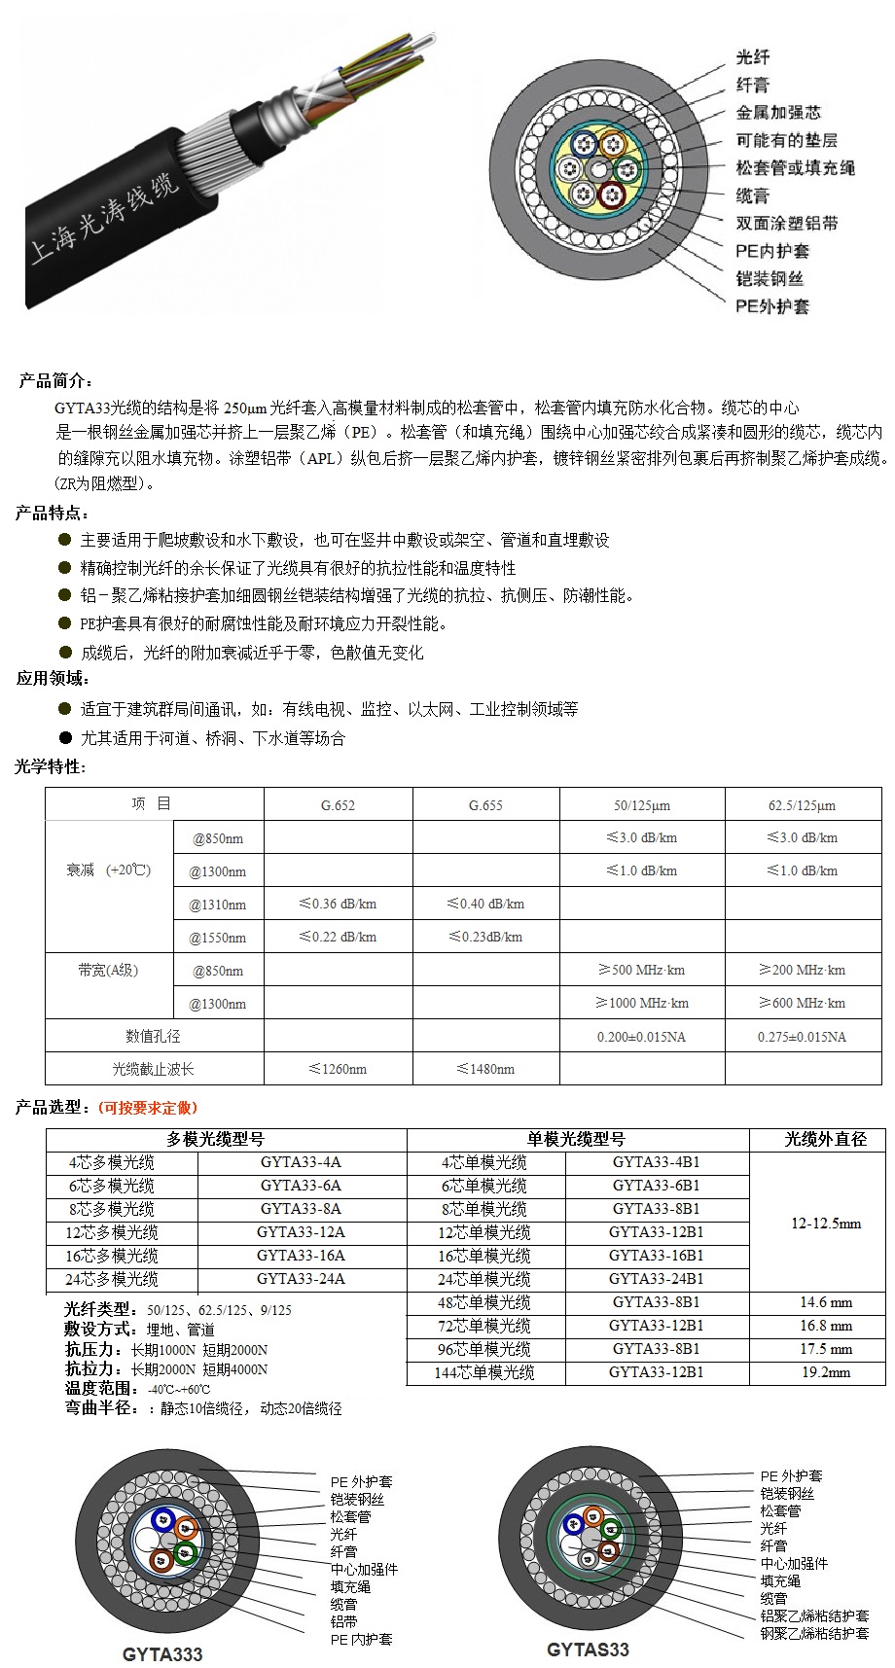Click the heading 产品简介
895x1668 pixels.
56,380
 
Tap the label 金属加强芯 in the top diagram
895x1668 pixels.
778,113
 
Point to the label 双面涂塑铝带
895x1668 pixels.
787,224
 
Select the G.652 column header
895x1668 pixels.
338,805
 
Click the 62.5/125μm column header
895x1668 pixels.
802,805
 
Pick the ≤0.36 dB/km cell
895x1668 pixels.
338,904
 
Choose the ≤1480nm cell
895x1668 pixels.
485,1069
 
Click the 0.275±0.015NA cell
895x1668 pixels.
802,1037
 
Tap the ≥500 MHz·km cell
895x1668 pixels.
641,970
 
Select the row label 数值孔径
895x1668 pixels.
153,1037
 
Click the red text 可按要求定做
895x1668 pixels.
147,1107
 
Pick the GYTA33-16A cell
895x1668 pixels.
301,1256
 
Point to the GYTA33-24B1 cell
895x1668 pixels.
656,1279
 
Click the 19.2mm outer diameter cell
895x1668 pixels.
826,1372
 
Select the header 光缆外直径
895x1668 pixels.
825,1139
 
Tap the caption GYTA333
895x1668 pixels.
162,1653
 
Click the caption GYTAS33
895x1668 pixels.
588,1650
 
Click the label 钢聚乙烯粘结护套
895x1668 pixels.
814,1633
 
